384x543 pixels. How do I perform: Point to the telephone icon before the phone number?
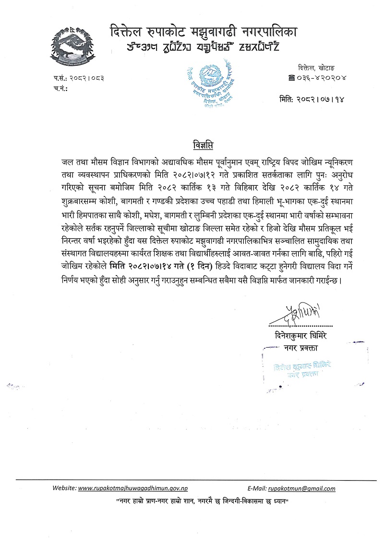click(291, 77)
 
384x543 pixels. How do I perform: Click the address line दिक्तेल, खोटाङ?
click(315, 68)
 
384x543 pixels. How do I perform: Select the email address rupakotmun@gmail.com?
click(302, 489)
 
